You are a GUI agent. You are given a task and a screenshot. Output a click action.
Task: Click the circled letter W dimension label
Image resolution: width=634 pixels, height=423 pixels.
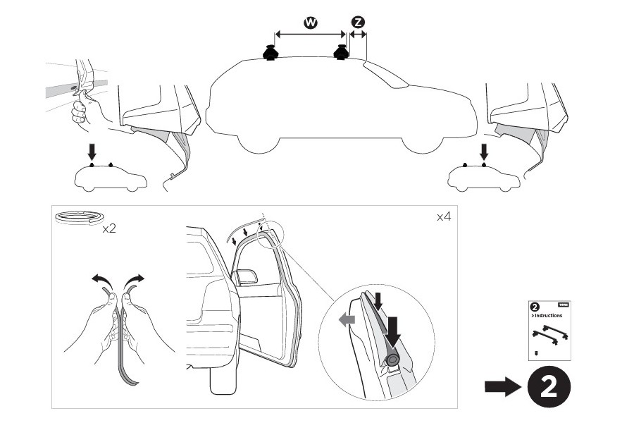(x=309, y=23)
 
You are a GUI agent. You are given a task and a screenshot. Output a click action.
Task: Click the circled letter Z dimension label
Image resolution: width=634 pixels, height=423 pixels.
(x=358, y=23)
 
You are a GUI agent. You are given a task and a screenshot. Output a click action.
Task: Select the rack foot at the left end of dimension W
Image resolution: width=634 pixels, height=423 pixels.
(x=270, y=53)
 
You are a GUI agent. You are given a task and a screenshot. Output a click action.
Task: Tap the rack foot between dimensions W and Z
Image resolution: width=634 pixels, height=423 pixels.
(x=342, y=52)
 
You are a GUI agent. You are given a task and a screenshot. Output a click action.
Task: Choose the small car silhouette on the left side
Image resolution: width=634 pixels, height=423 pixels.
(x=111, y=178)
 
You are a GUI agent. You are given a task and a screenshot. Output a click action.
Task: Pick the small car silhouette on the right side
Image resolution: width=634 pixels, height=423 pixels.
(x=485, y=178)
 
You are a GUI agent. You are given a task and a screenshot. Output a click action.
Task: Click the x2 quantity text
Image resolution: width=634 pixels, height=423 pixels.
(x=109, y=229)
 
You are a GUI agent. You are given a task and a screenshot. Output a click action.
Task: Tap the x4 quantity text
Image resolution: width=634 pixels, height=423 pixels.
(x=442, y=216)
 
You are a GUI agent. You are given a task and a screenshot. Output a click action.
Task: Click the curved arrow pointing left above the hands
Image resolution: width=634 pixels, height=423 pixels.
(x=102, y=281)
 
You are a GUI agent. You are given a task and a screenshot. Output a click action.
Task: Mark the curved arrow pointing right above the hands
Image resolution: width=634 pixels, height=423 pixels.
(x=134, y=281)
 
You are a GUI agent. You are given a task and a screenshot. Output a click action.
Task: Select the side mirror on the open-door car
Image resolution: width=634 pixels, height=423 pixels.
(x=247, y=276)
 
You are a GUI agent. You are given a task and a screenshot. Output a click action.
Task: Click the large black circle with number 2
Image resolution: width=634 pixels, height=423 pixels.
(x=545, y=386)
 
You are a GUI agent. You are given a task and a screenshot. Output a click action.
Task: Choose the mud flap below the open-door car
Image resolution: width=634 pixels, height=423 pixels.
(x=220, y=378)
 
